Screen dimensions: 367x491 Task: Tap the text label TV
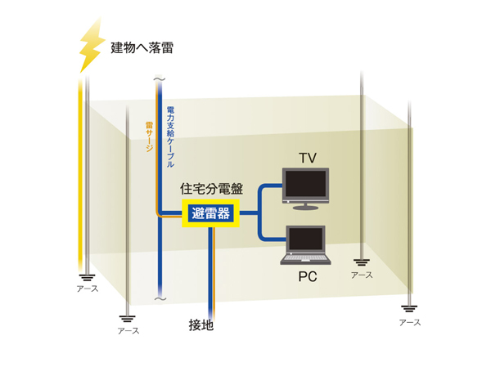tap(307, 157)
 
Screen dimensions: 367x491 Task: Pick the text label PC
tap(307, 278)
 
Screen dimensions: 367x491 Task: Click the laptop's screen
tap(306, 239)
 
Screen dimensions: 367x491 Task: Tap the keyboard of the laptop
tap(306, 259)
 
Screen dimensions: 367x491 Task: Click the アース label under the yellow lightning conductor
tap(88, 289)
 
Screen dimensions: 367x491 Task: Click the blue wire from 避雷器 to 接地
tap(211, 270)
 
